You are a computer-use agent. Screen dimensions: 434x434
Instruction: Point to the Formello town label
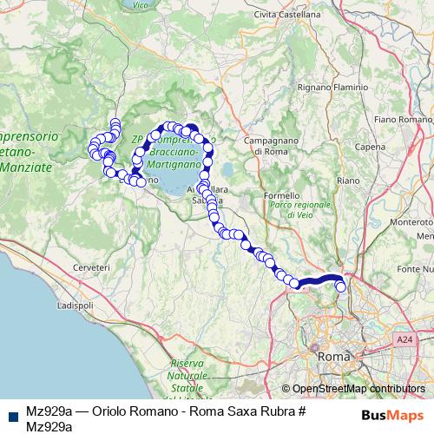pyautogui.click(x=281, y=195)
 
